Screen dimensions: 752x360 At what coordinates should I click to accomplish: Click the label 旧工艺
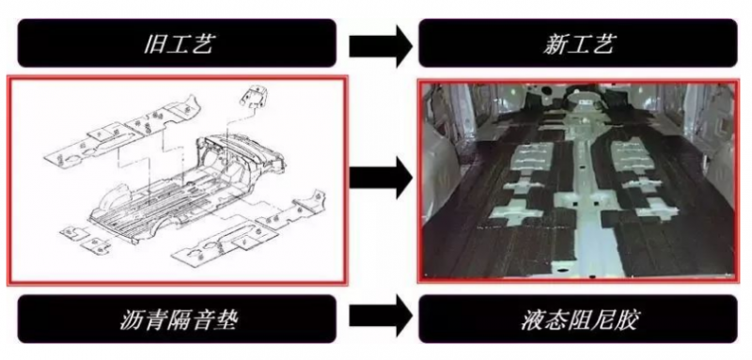(x=178, y=44)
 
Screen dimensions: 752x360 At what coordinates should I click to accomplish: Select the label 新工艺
(x=578, y=44)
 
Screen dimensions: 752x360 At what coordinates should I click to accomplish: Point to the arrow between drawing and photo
(x=380, y=179)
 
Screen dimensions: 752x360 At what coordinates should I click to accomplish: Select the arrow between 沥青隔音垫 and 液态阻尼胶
(x=380, y=317)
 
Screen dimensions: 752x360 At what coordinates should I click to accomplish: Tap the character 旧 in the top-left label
(x=154, y=44)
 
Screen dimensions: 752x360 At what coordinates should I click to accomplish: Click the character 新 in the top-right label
(x=556, y=44)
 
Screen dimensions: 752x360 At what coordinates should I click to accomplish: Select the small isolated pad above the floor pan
(x=255, y=99)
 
